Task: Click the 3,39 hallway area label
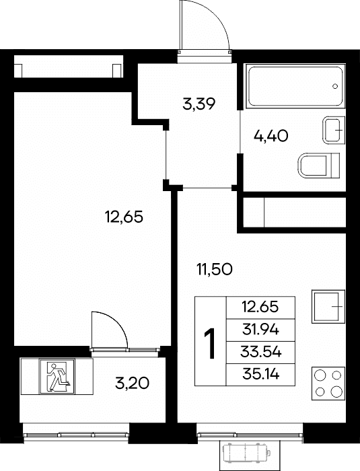click(199, 104)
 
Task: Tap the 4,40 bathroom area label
click(271, 136)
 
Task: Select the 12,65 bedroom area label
click(124, 217)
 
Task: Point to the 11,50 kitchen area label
click(214, 269)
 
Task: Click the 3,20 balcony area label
click(132, 383)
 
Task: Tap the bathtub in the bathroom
click(295, 86)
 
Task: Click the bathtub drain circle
click(335, 86)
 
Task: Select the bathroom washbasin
click(334, 131)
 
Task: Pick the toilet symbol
click(319, 166)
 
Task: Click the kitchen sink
click(328, 306)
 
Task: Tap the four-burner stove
click(328, 384)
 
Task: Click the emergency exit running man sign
click(57, 376)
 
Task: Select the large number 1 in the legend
click(210, 344)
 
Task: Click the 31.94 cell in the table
click(260, 330)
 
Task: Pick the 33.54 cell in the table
click(260, 353)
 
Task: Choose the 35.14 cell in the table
click(260, 375)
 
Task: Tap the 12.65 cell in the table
click(260, 307)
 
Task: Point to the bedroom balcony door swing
click(116, 324)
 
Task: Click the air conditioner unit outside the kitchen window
click(246, 451)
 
